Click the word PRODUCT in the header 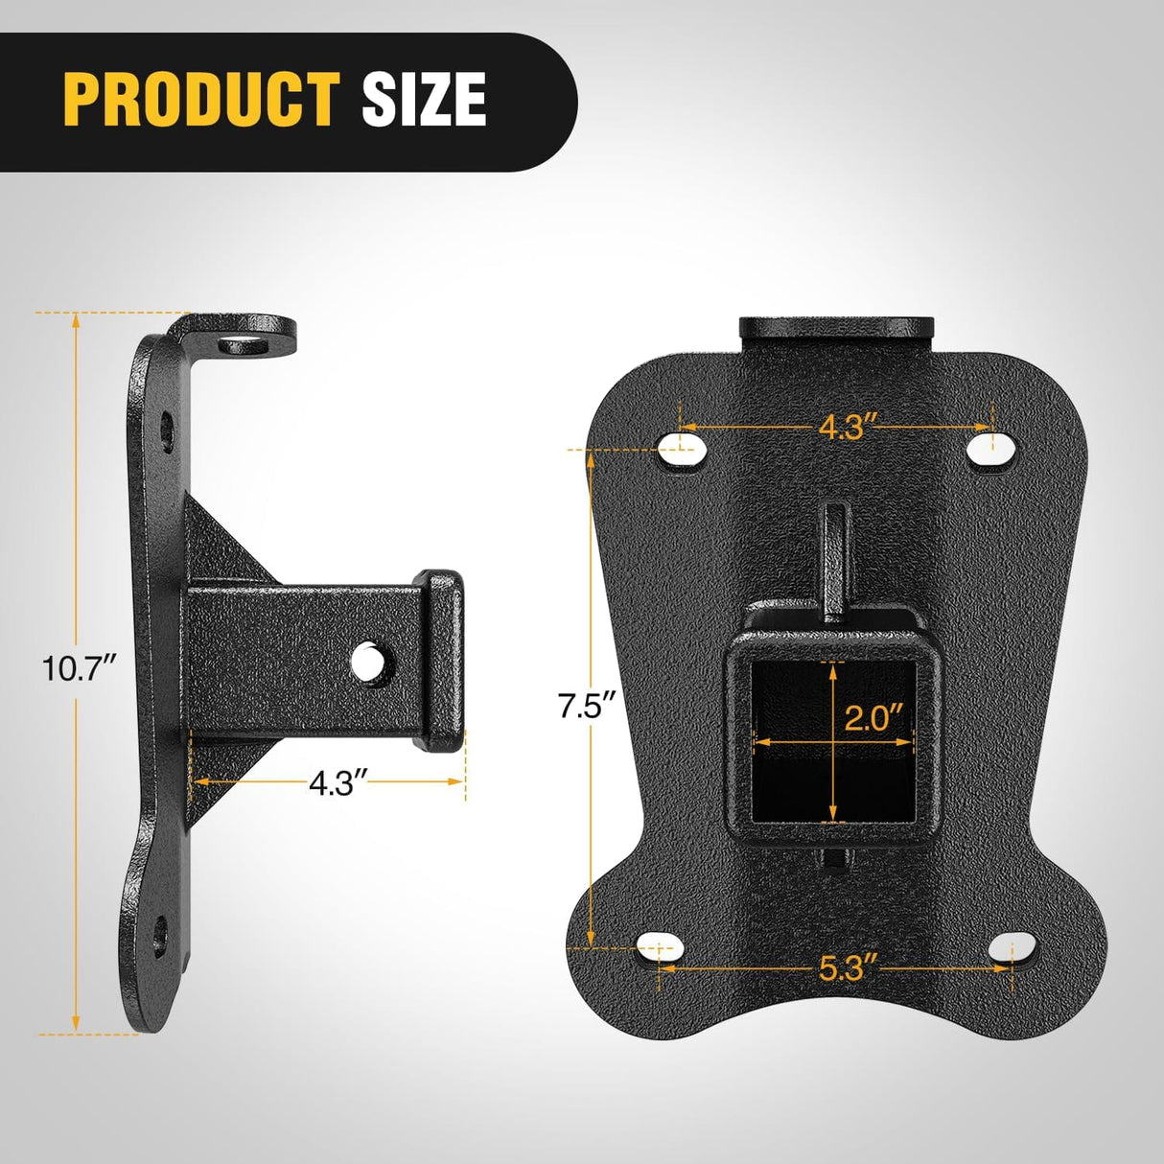(x=201, y=99)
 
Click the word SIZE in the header (x=424, y=99)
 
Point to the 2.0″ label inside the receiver (x=874, y=717)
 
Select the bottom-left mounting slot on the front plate (x=661, y=947)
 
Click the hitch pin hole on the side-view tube (x=368, y=663)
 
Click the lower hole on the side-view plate (x=159, y=934)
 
